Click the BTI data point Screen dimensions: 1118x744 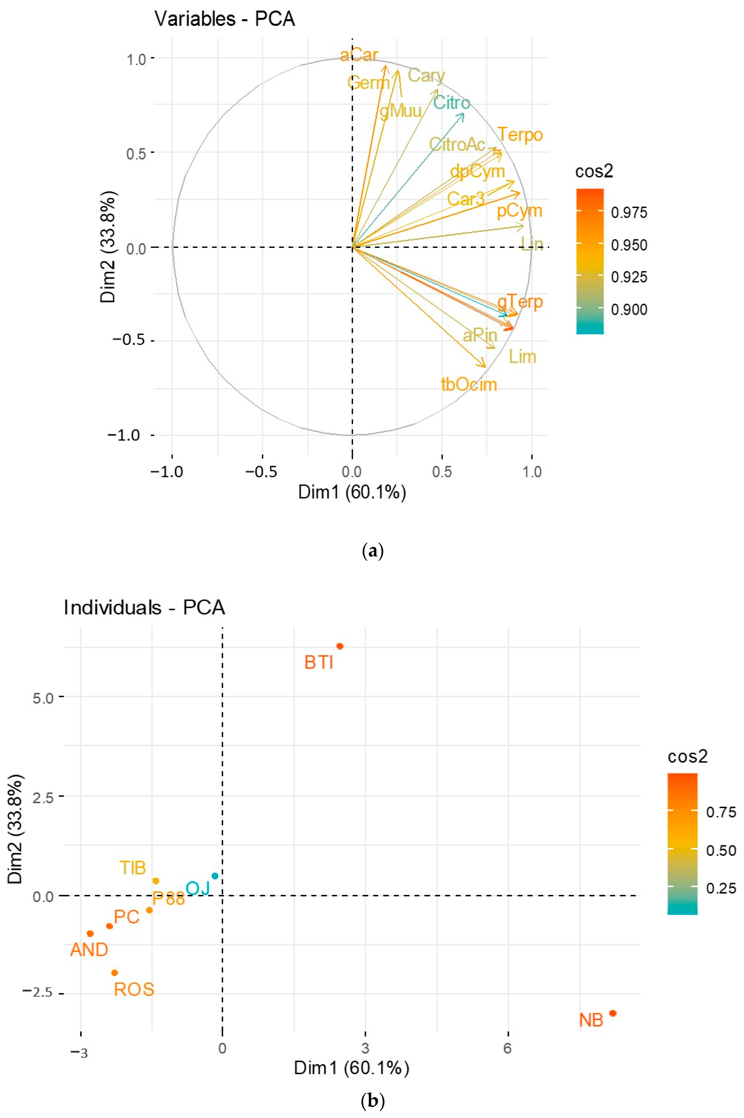[x=340, y=646]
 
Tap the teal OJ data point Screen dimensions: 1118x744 [x=215, y=876]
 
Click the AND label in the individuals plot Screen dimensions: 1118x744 [x=89, y=950]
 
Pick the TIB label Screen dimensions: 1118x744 [x=132, y=868]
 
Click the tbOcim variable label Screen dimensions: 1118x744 [x=469, y=384]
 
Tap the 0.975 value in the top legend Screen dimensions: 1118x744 [x=629, y=213]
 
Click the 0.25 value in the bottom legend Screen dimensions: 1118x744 [x=721, y=888]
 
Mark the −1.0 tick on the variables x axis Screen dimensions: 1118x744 [x=167, y=472]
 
